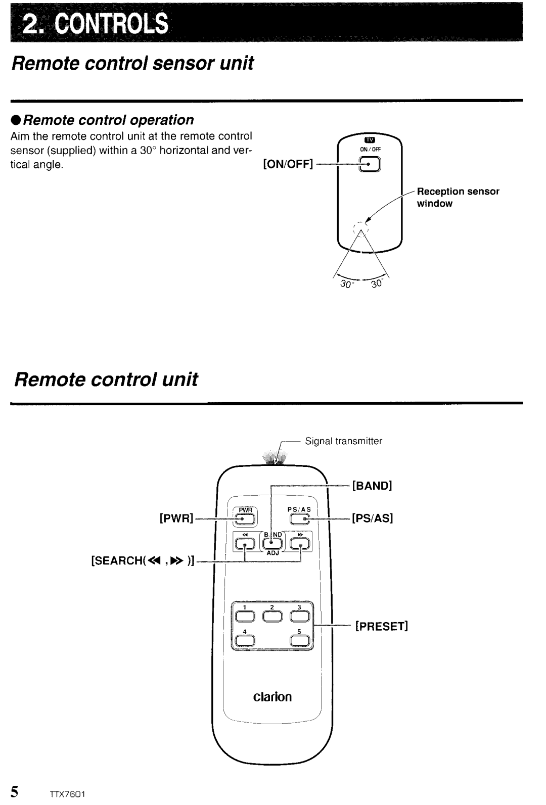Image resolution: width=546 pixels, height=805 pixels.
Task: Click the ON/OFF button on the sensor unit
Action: (370, 165)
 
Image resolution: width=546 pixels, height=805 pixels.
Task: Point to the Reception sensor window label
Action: (458, 197)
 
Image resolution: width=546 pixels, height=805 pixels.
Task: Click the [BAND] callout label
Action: (373, 486)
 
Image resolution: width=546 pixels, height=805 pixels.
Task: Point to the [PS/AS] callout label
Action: (373, 518)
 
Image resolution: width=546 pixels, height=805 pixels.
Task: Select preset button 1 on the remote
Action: (244, 615)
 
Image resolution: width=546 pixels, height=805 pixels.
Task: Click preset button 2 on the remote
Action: (272, 615)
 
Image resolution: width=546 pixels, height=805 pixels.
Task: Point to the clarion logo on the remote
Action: (272, 697)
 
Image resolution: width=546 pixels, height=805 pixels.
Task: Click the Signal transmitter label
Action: (344, 441)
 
